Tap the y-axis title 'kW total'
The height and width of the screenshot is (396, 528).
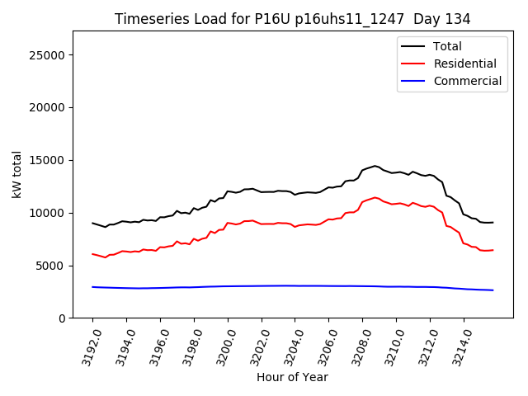point(17,174)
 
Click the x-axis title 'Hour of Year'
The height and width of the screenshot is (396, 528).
point(292,377)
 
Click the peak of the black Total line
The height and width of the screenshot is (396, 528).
point(375,166)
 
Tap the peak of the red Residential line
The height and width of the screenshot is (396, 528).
point(375,197)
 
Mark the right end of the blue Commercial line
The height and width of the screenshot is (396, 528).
point(493,290)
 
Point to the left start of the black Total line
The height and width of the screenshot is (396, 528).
point(92,223)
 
